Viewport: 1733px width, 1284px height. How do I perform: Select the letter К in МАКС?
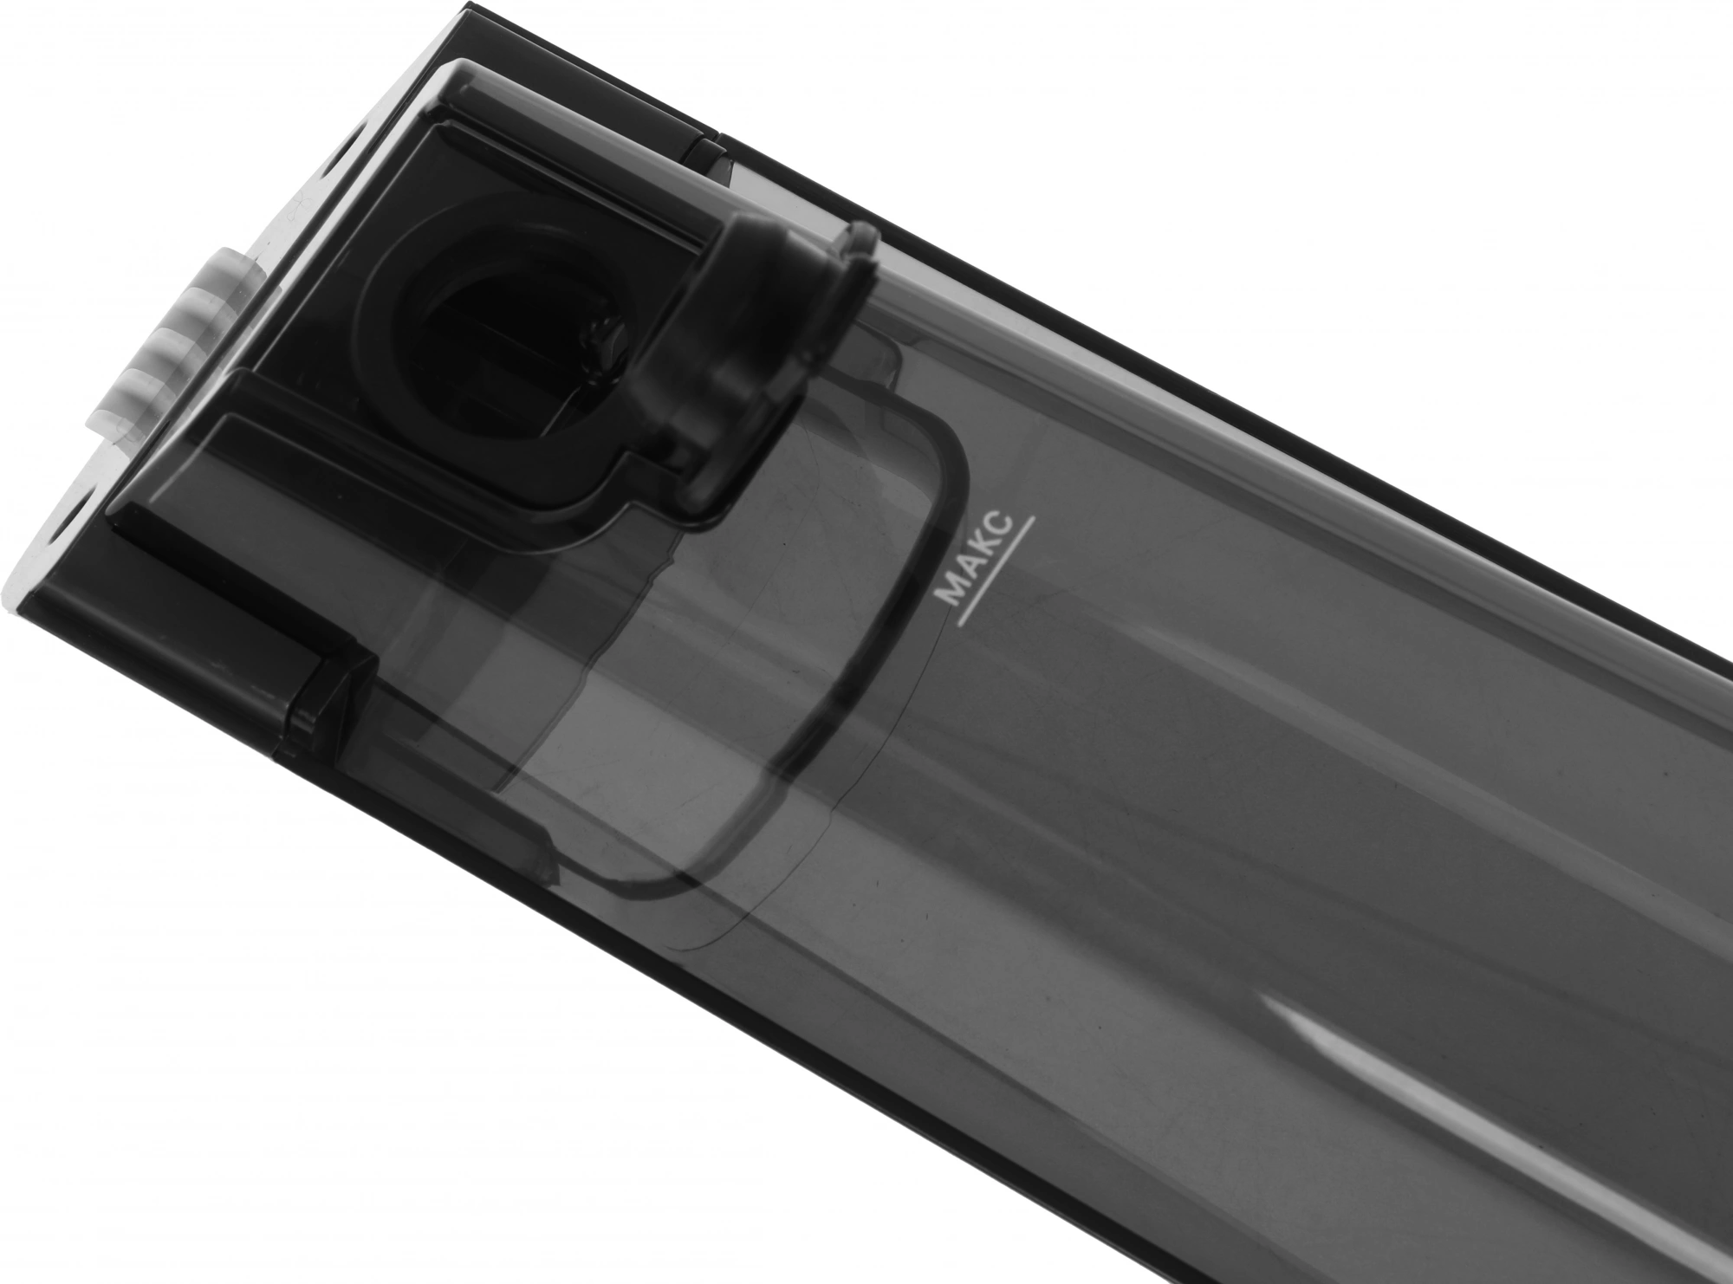[985, 549]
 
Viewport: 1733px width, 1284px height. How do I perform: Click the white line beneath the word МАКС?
[995, 572]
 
